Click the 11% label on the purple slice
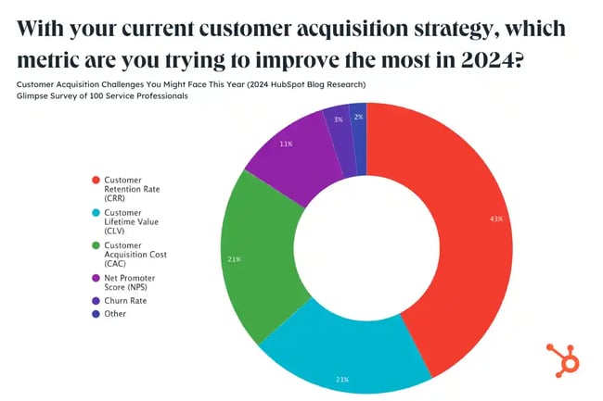287,144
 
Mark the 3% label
339,119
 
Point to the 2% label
358,117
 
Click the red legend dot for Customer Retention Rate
95,179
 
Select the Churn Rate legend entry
125,300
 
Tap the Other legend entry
115,313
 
